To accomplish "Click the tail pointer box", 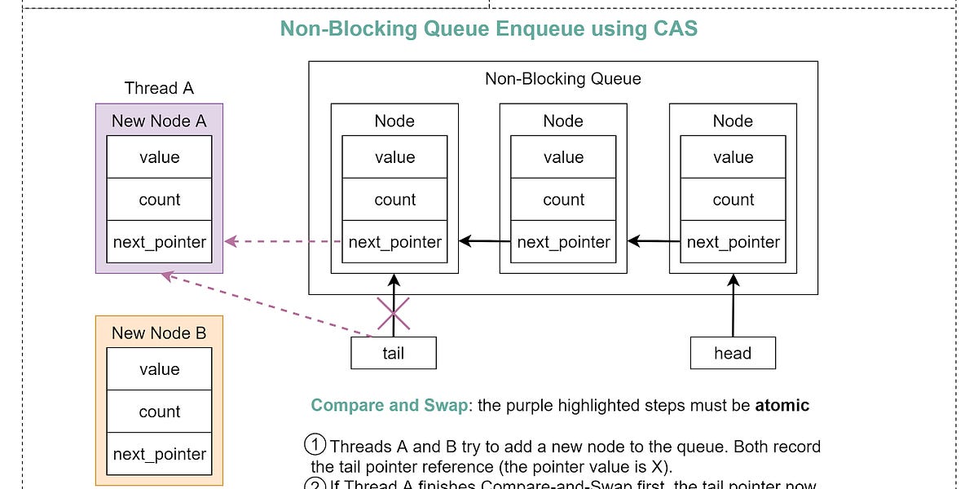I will [394, 353].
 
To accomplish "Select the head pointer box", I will [733, 353].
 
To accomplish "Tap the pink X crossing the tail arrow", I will [393, 314].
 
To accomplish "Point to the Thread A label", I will [159, 88].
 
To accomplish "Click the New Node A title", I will [159, 121].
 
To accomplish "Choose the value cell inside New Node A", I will [159, 157].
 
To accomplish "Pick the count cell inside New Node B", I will [159, 412].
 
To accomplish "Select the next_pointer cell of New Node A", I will [159, 242].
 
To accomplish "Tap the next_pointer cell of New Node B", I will [159, 454].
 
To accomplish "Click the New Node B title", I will [159, 333].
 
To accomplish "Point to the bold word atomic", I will [781, 405].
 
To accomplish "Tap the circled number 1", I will [314, 446].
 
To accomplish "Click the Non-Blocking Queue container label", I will [563, 79].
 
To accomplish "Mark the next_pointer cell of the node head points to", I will [733, 242].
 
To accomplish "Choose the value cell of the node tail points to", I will [394, 157].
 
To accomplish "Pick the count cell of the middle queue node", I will [563, 200].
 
